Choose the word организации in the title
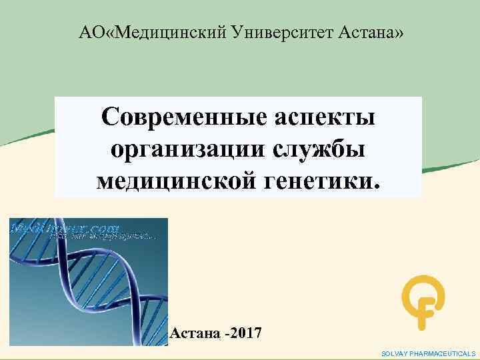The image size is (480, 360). coord(193,149)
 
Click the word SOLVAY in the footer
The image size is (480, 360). coord(395,353)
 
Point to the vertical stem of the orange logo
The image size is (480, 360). coord(421,317)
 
